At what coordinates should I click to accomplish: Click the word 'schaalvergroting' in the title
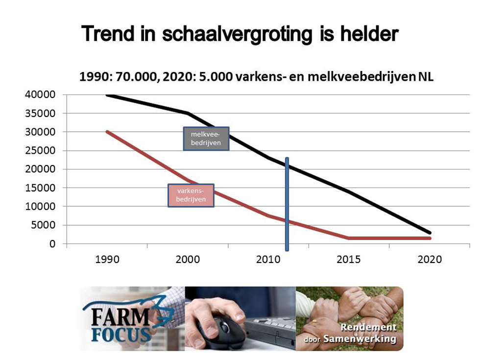click(237, 34)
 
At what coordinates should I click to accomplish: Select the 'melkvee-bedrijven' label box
click(206, 139)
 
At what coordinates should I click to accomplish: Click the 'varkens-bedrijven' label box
click(191, 195)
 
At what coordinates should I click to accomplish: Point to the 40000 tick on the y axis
click(40, 95)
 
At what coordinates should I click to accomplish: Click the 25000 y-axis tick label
click(40, 151)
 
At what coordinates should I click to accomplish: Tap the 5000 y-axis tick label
click(43, 225)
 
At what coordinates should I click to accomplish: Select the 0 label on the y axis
click(52, 244)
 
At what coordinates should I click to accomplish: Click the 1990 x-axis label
click(107, 260)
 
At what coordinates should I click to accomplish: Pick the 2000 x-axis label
click(188, 260)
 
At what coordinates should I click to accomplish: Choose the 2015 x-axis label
click(349, 260)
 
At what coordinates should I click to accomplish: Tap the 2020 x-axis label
click(430, 260)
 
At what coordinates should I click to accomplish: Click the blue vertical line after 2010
click(287, 204)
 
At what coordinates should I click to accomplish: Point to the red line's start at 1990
click(107, 132)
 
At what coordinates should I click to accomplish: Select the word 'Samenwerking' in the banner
click(360, 339)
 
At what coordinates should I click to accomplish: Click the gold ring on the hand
click(314, 321)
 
